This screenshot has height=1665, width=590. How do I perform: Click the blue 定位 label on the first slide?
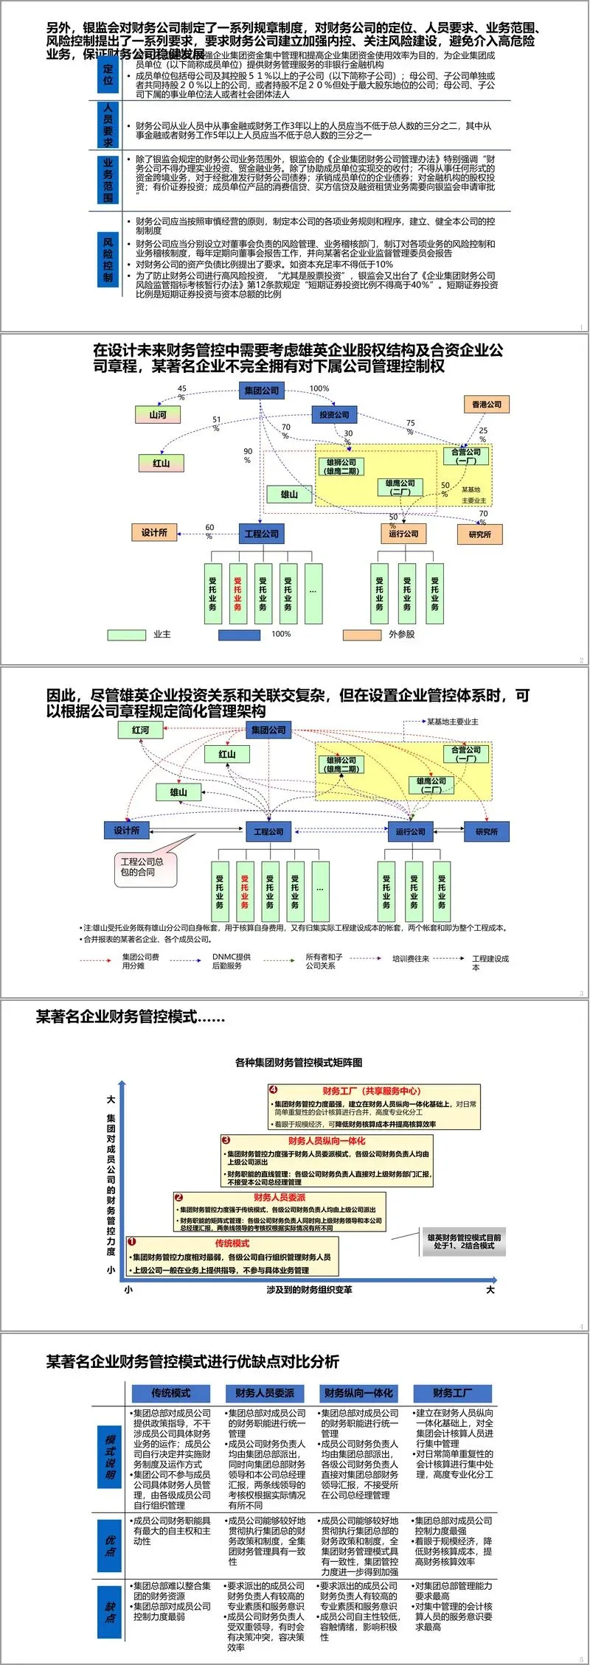(108, 74)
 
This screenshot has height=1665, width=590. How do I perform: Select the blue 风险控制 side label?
(108, 260)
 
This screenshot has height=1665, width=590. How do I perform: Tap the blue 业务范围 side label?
(108, 180)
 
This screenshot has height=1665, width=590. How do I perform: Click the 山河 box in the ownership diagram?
(158, 415)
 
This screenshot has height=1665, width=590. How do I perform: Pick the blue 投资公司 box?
(334, 415)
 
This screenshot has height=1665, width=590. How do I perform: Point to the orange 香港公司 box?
(487, 405)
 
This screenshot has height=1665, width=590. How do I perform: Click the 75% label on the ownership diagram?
(410, 426)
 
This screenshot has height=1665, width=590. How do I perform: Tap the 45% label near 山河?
(181, 391)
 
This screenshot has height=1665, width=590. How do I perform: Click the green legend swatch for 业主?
(127, 635)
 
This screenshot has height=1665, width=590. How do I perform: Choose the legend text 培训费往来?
(410, 959)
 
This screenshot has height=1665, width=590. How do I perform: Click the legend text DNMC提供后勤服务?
(232, 961)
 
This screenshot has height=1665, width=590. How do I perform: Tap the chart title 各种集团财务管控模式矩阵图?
(299, 1062)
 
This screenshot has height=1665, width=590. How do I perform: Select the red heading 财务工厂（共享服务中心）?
(371, 1091)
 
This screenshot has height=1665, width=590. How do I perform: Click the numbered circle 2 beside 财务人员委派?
(178, 1198)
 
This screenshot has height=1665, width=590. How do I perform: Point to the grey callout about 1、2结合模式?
(464, 1242)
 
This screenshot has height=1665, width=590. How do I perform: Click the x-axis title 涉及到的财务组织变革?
(309, 1290)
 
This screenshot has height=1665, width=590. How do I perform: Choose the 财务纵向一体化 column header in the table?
(358, 1393)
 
